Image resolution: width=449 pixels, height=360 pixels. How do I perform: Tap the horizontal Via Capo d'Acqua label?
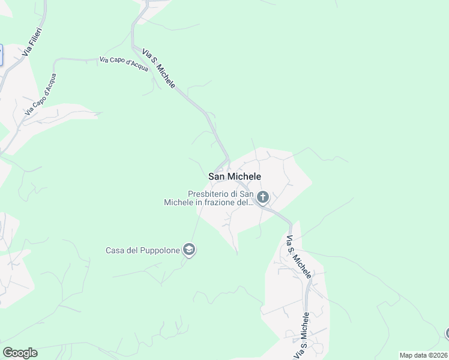point(124,64)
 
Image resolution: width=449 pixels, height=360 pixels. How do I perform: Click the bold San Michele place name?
point(235,176)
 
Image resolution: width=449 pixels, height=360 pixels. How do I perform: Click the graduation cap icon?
point(189,250)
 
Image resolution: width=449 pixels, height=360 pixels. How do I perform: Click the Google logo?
point(20,353)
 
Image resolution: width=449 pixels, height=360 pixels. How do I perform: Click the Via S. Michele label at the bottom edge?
point(301,336)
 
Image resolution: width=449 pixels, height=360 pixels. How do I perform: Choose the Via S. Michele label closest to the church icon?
point(298,257)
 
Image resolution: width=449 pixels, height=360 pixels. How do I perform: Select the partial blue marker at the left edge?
point(1,55)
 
